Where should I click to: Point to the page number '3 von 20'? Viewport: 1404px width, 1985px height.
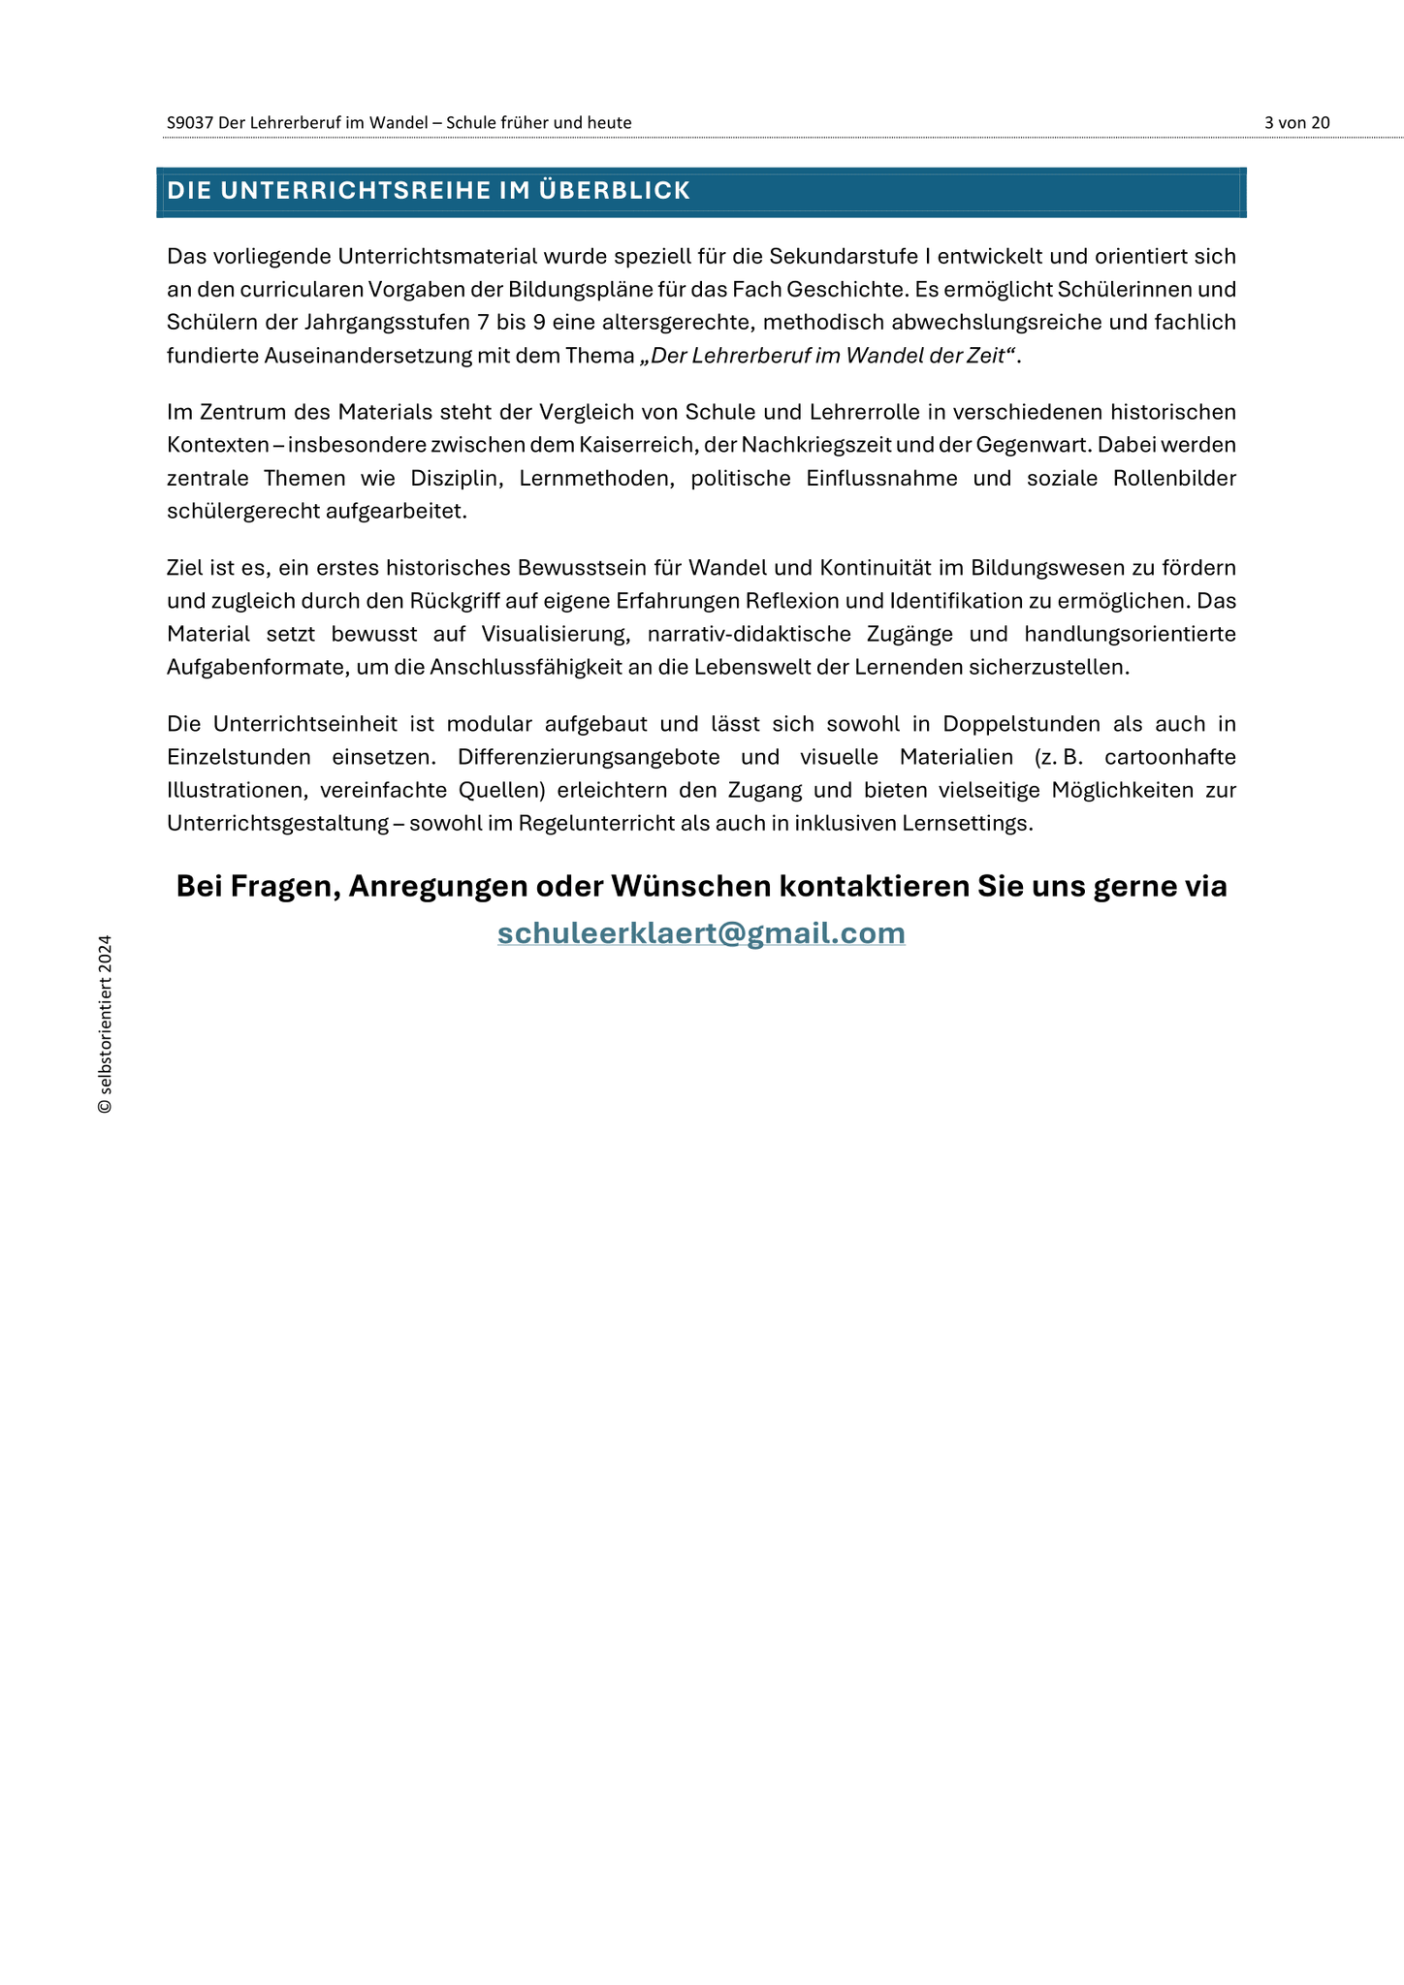1296,122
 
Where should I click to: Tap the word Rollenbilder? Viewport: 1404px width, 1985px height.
1174,478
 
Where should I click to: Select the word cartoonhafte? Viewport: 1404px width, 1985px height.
1170,757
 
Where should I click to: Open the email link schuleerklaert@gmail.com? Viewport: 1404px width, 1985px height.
701,932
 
